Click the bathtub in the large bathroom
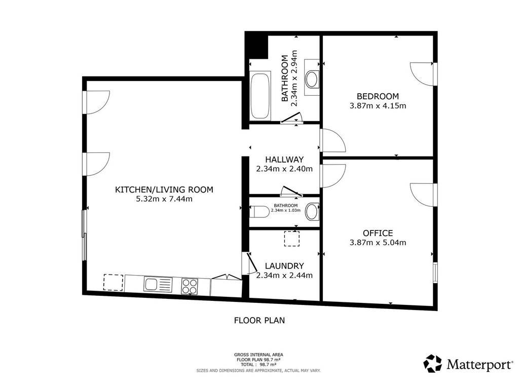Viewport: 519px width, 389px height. click(260, 96)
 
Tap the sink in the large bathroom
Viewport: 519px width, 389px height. click(312, 79)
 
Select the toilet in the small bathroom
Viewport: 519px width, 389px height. click(259, 212)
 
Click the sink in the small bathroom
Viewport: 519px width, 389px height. click(312, 212)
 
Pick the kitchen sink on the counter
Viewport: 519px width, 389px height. click(158, 285)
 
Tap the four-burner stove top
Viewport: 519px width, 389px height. click(190, 286)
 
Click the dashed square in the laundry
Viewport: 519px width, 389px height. click(291, 239)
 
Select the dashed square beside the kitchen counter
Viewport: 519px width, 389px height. click(113, 283)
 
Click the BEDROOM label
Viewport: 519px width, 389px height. click(378, 96)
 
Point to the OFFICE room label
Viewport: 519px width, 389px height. click(378, 233)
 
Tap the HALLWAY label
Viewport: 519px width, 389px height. click(284, 160)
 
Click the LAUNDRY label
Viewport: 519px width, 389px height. click(284, 266)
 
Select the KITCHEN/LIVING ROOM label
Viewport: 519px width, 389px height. click(164, 189)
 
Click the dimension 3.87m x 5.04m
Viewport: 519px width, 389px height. click(378, 243)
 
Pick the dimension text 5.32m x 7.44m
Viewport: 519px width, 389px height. click(164, 199)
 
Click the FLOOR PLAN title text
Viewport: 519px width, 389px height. click(259, 320)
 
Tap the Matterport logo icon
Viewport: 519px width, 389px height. click(433, 364)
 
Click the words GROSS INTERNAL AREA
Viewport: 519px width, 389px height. click(258, 355)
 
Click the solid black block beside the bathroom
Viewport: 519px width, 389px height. click(256, 46)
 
